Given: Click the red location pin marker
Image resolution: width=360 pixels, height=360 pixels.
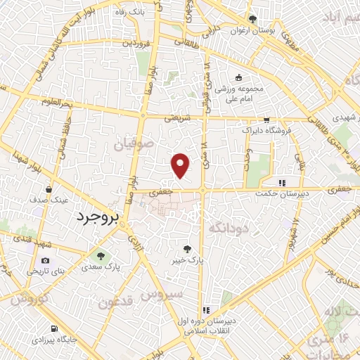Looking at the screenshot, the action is click(181, 165).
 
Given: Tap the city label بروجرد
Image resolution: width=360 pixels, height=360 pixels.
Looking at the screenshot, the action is click(99, 217).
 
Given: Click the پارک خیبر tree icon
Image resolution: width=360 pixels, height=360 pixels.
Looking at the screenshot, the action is click(187, 248).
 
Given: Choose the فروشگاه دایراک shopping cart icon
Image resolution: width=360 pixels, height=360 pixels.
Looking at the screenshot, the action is click(265, 120).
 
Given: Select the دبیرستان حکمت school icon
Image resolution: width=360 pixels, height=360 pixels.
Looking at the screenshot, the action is click(282, 183).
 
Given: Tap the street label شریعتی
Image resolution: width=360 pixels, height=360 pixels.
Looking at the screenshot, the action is click(178, 119).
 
